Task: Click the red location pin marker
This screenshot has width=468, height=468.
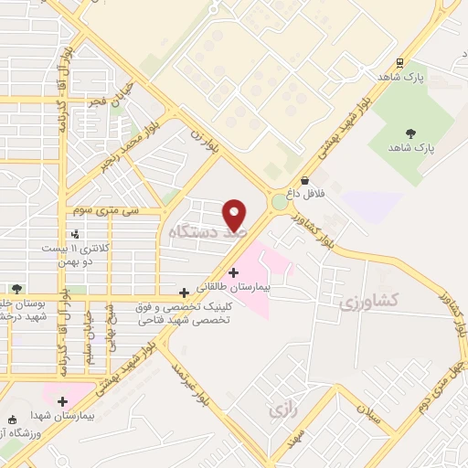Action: click(235, 215)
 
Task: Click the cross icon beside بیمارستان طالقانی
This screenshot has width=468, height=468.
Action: click(234, 271)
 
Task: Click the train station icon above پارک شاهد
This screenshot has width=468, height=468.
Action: click(399, 62)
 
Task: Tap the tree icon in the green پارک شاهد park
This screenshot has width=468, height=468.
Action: click(409, 133)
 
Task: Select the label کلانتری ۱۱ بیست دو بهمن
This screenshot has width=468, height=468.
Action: click(79, 253)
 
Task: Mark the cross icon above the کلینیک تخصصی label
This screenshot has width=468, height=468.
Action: click(185, 292)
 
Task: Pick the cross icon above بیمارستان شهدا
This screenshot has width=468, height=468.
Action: click(61, 401)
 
